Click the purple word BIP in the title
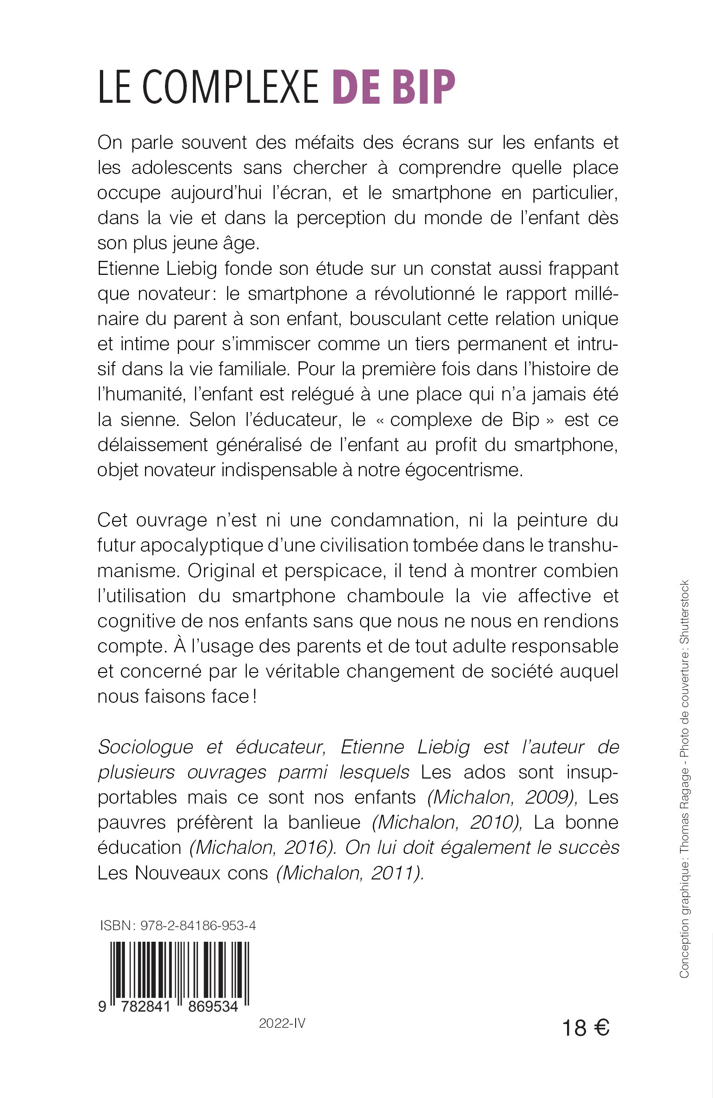tap(423, 87)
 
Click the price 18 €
tap(586, 1028)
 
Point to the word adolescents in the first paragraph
tap(182, 167)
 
